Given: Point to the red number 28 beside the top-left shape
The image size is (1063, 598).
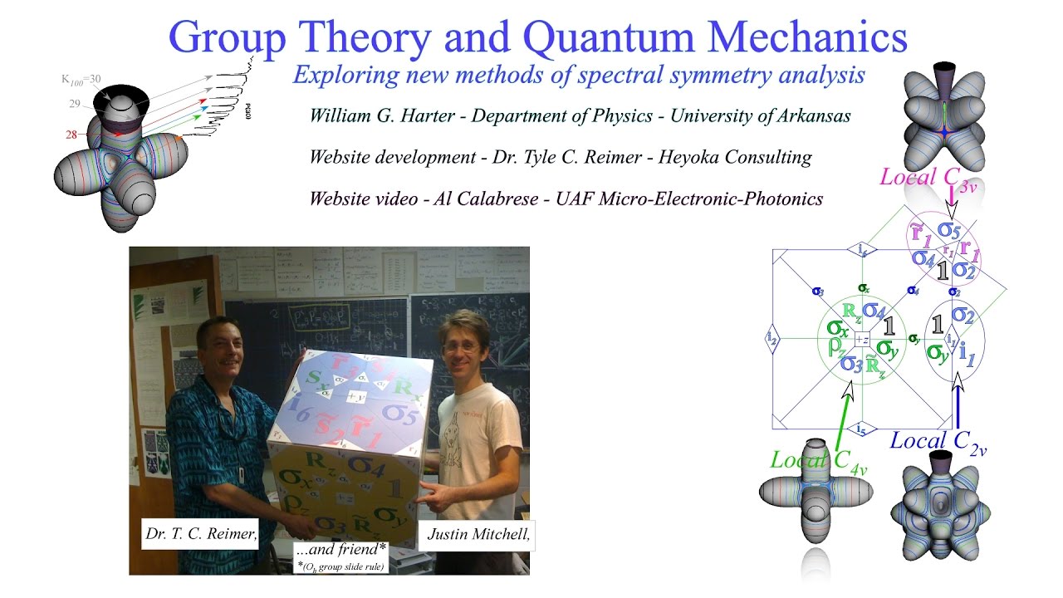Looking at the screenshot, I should click(x=71, y=134).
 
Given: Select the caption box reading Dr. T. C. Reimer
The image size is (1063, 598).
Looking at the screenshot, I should click(x=200, y=534).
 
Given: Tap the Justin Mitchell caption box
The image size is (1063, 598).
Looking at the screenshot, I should click(x=478, y=534).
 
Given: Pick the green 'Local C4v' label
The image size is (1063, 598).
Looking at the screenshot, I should click(x=819, y=460).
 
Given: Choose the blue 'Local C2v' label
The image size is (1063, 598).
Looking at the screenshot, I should click(x=938, y=442).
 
